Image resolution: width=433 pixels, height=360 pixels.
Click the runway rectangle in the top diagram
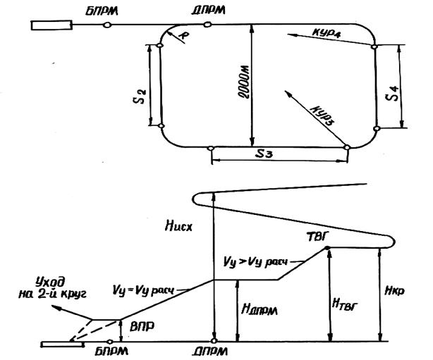pyautogui.click(x=51, y=25)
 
